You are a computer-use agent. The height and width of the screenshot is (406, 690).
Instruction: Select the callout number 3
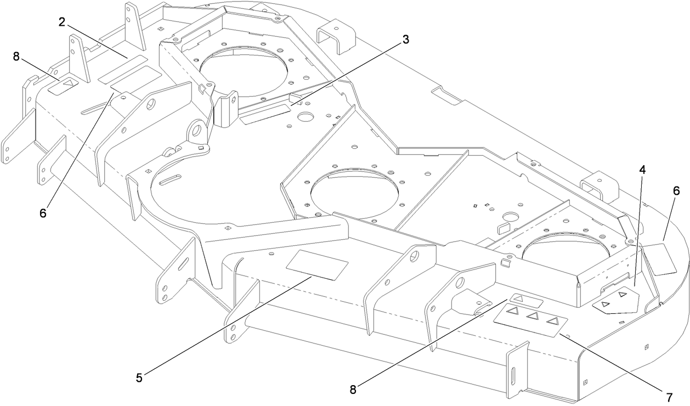(x=405, y=39)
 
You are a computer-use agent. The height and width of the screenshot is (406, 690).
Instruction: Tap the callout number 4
(x=641, y=170)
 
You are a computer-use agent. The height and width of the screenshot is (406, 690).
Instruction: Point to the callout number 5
(x=140, y=377)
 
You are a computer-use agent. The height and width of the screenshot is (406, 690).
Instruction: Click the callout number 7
(x=669, y=396)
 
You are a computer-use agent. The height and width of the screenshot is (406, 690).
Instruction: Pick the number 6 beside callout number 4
(x=676, y=191)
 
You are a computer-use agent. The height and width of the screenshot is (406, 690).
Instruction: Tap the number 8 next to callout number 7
(x=353, y=389)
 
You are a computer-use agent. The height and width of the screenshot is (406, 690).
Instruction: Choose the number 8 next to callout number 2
(x=16, y=56)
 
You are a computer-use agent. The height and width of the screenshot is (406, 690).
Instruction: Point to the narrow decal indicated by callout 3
(x=265, y=115)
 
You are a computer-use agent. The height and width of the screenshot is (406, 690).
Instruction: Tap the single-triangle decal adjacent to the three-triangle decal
(x=526, y=300)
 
